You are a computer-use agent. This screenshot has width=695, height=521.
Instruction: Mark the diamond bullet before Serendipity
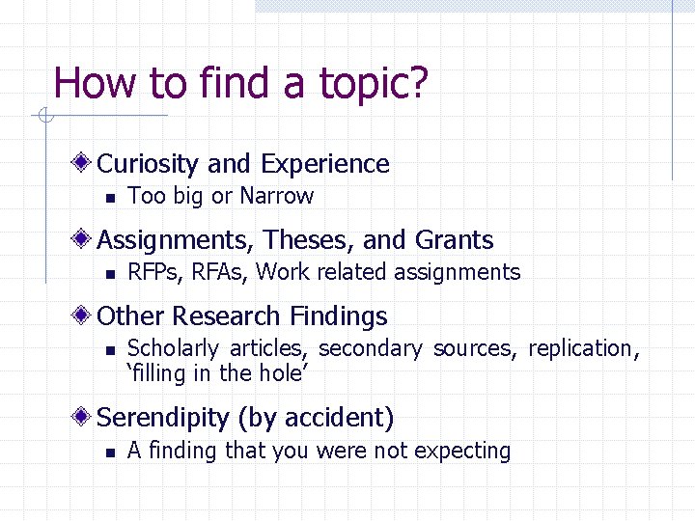(85, 417)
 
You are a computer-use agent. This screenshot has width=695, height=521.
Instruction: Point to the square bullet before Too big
(110, 198)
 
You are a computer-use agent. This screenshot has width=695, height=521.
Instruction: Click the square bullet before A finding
(110, 452)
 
